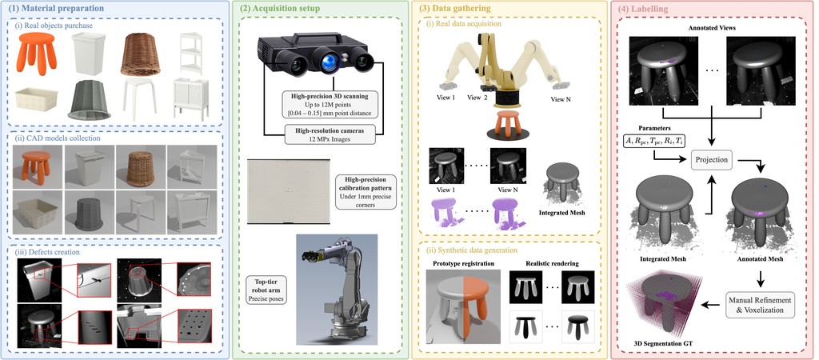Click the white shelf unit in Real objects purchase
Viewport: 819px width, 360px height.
(x=190, y=54)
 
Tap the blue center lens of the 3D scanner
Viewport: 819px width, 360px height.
(x=329, y=62)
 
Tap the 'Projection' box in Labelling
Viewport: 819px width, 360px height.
(x=711, y=160)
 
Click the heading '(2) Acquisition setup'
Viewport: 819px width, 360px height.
(x=279, y=8)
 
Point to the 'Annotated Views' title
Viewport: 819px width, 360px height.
(x=712, y=28)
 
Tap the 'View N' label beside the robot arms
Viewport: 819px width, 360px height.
(x=561, y=98)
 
